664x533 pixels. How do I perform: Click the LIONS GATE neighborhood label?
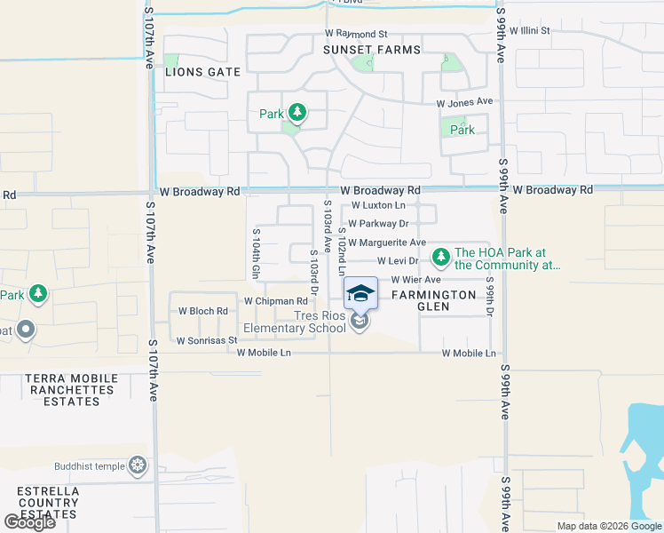203,72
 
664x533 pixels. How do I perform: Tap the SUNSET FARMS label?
371,50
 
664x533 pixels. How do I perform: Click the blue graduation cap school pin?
360,292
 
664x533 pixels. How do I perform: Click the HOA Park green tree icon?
440,258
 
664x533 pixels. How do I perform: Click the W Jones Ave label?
463,102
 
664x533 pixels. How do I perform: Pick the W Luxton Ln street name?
384,206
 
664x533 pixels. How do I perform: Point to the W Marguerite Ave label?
387,243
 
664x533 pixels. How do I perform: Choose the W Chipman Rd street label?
275,301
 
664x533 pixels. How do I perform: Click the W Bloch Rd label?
203,312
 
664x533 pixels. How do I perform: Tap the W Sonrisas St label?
207,340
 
